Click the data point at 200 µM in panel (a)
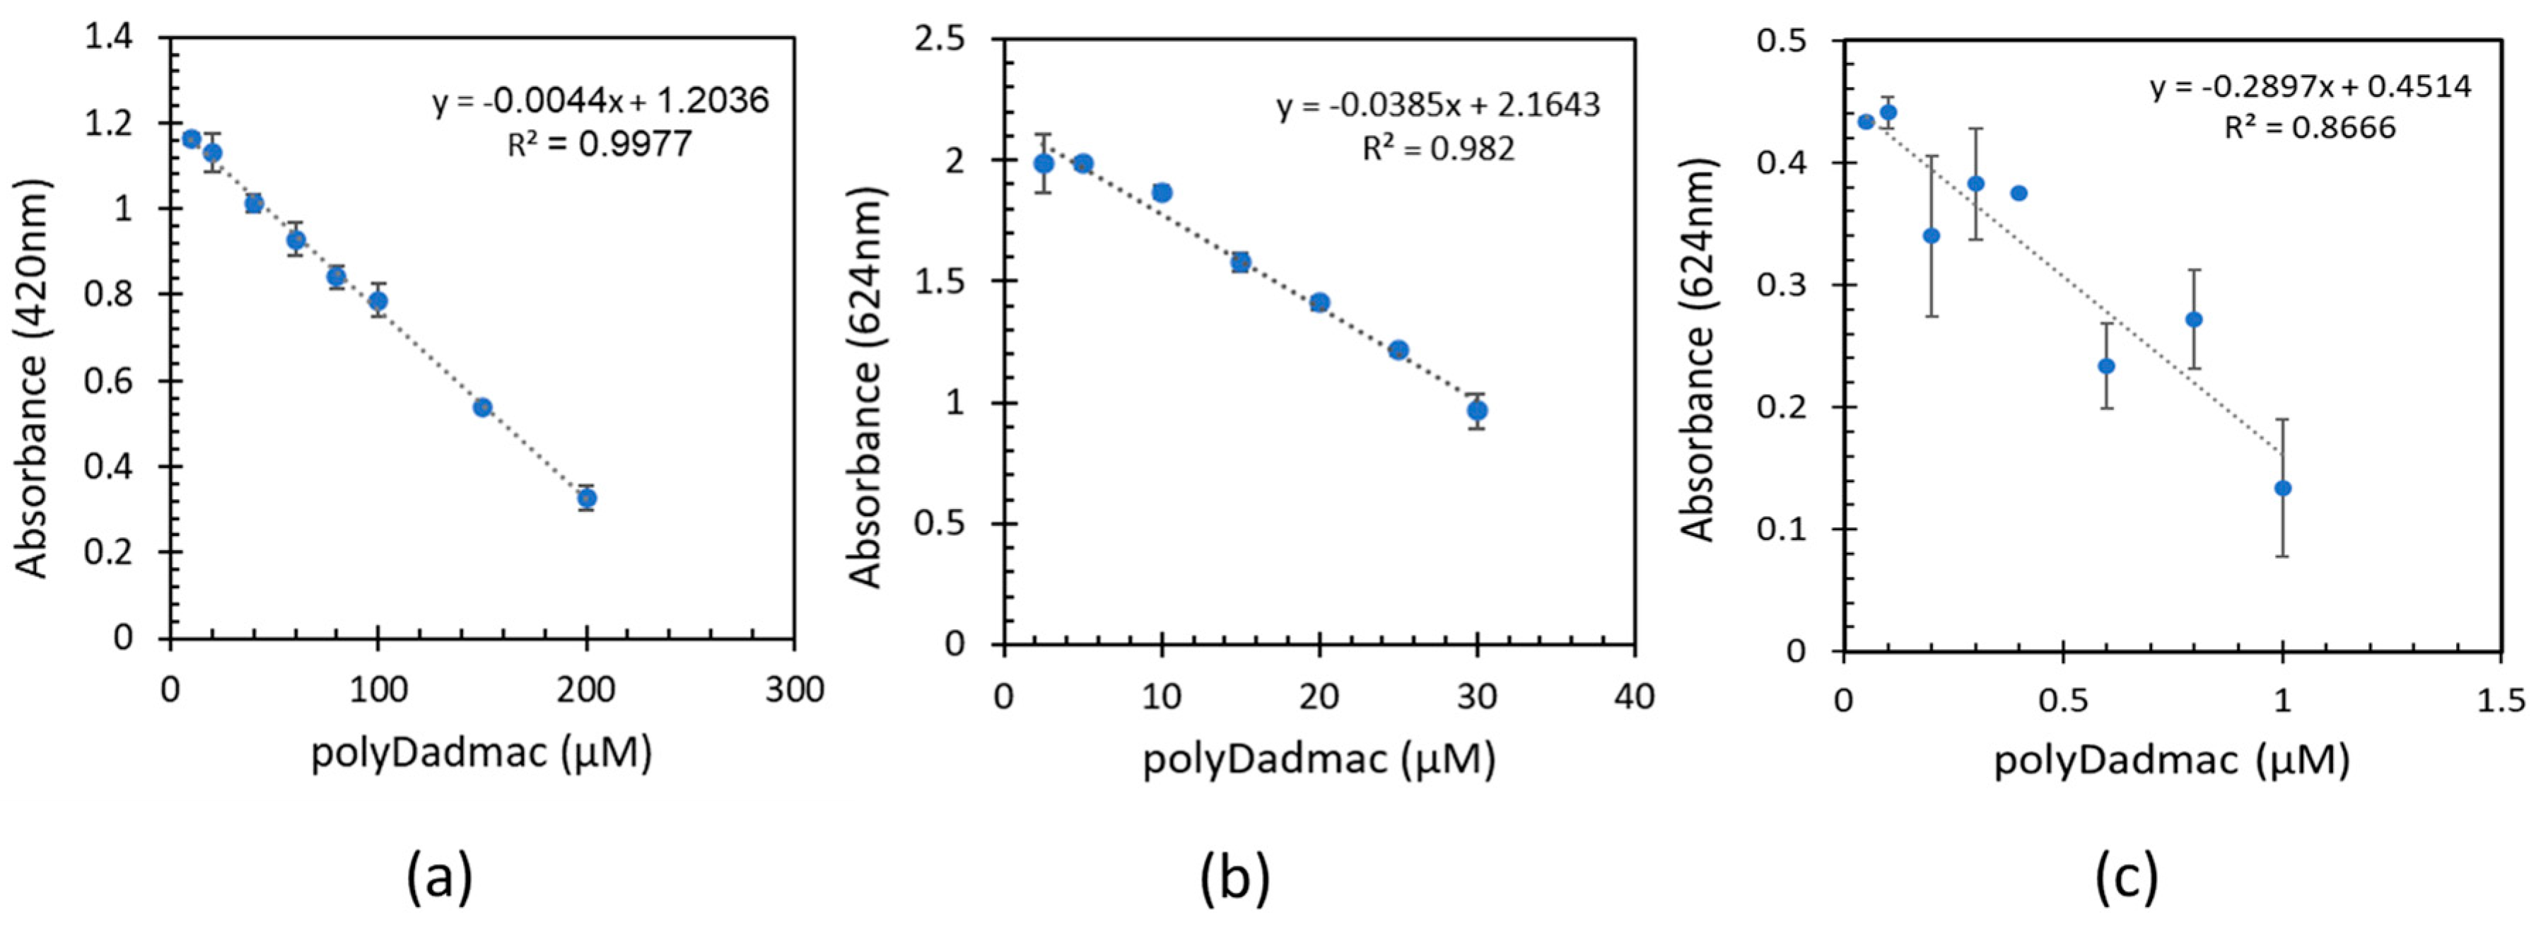pyautogui.click(x=587, y=498)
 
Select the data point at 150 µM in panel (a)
pyautogui.click(x=482, y=407)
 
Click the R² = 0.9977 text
pyautogui.click(x=600, y=145)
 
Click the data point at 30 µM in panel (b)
pyautogui.click(x=1477, y=410)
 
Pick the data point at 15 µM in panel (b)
pyautogui.click(x=1241, y=262)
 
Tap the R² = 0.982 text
pyautogui.click(x=1438, y=148)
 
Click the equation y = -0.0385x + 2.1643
pyautogui.click(x=1438, y=105)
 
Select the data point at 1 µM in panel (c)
pyautogui.click(x=2282, y=488)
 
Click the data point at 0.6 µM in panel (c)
pyautogui.click(x=2106, y=366)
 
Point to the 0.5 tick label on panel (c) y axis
pyautogui.click(x=1782, y=42)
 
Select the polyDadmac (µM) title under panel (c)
pyautogui.click(x=2170, y=760)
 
